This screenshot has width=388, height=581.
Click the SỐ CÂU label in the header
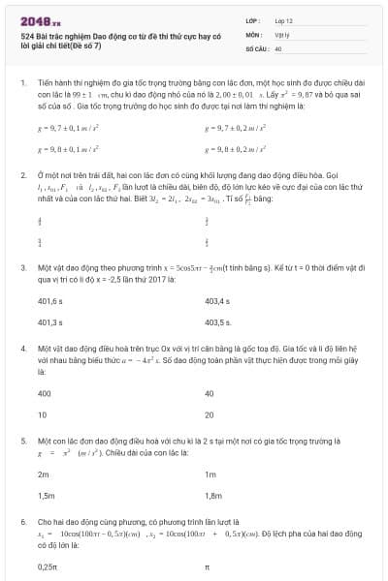pyautogui.click(x=255, y=47)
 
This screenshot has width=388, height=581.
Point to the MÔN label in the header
pyautogui.click(x=252, y=34)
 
